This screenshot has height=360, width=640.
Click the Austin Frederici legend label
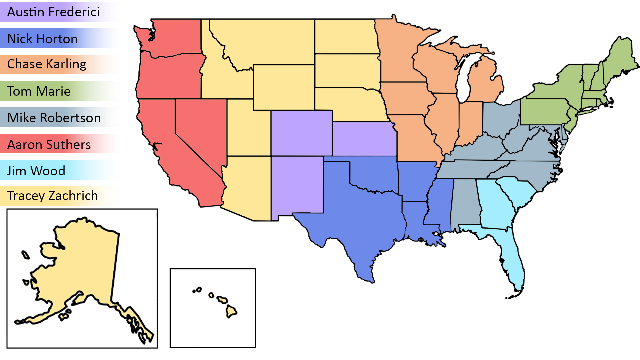tap(60, 12)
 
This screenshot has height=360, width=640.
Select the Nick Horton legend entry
tap(60, 38)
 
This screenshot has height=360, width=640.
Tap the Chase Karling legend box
tap(60, 64)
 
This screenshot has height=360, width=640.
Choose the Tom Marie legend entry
tap(60, 91)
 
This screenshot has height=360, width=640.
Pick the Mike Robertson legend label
tap(60, 117)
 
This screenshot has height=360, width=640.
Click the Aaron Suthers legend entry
tap(60, 144)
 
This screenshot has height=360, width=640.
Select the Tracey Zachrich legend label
tap(60, 196)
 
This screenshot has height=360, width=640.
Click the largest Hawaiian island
tap(231, 312)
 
